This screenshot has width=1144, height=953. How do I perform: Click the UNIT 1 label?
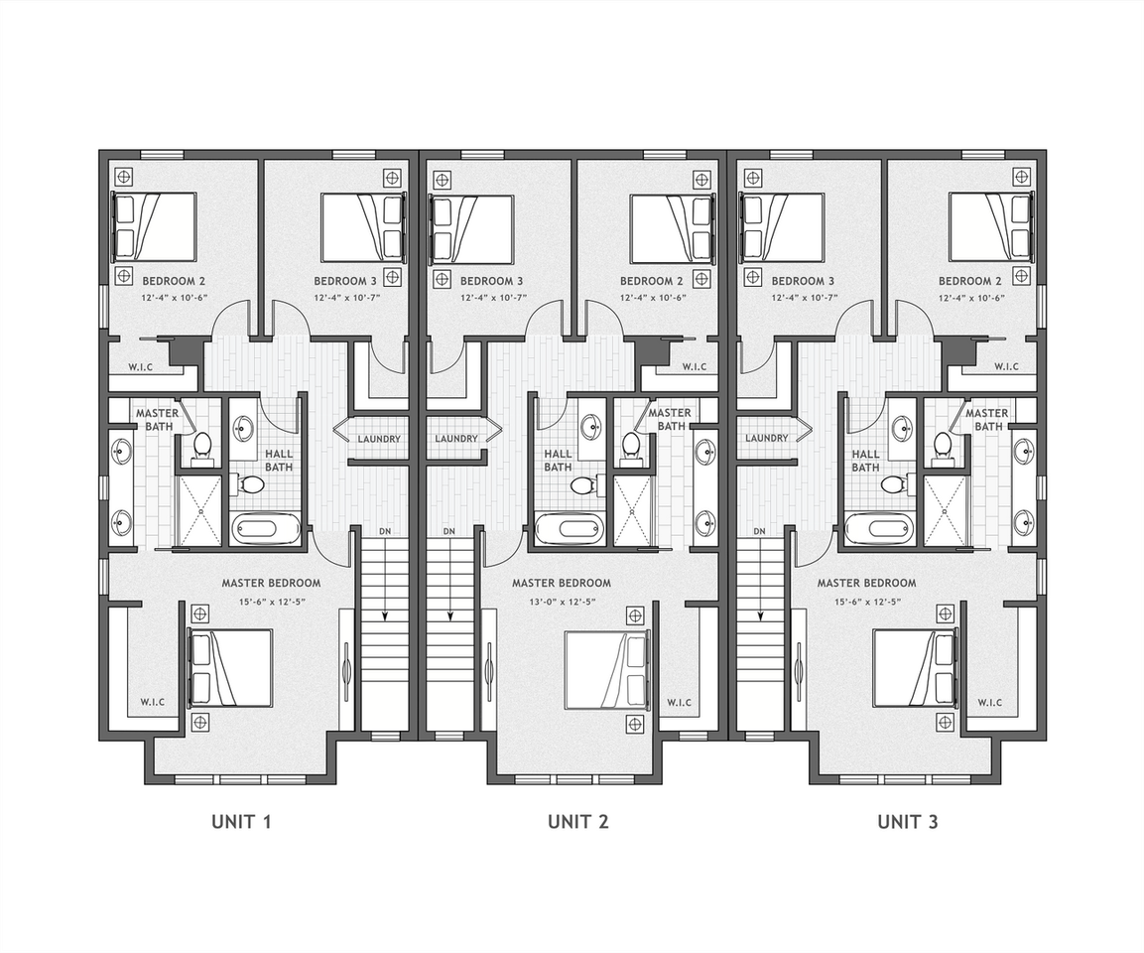coord(241,822)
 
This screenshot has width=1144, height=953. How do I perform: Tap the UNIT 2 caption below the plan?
coord(577,822)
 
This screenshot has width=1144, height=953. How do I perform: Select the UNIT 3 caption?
coord(908,822)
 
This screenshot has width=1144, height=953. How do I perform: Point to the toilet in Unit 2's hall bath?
coord(583,484)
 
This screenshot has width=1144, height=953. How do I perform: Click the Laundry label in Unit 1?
coord(379,439)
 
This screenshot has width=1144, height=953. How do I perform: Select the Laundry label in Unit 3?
coord(767,438)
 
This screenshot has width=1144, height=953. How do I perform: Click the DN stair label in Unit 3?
coord(759,531)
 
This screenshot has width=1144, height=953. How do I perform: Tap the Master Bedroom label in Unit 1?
coord(272,583)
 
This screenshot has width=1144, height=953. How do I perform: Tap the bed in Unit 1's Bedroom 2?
coord(154,225)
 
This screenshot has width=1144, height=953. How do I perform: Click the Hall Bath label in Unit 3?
coord(865,461)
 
